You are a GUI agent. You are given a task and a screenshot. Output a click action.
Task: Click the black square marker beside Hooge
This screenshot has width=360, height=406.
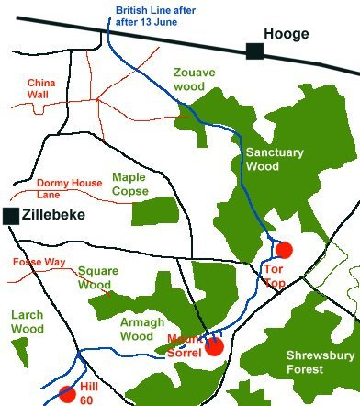(x=255, y=51)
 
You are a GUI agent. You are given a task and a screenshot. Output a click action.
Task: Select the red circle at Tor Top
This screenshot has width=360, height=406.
(x=284, y=249)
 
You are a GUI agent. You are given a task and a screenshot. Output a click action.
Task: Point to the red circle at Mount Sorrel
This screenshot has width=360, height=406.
(x=214, y=346)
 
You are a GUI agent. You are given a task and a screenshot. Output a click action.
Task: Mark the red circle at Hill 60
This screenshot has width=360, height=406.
(x=67, y=394)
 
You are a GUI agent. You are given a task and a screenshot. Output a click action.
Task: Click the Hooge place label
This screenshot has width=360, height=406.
(x=287, y=34)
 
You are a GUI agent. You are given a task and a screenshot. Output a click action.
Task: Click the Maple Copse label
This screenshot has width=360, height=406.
(x=129, y=184)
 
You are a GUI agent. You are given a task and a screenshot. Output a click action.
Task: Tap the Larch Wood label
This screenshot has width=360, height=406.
(x=27, y=321)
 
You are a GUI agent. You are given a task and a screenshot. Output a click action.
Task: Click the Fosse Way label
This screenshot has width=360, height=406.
(x=36, y=262)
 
